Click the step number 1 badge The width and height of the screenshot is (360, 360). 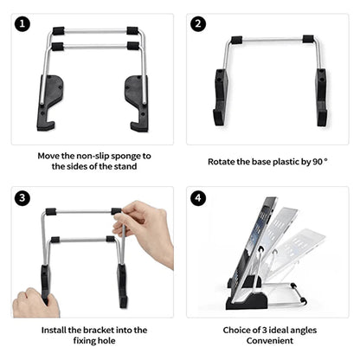(x=23, y=23)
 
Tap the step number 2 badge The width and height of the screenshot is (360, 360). (x=198, y=23)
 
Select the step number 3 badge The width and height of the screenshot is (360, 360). (x=23, y=198)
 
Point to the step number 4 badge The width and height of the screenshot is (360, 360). (x=198, y=198)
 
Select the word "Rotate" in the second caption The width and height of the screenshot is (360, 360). (x=224, y=162)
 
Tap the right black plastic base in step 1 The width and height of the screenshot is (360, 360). (x=136, y=99)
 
